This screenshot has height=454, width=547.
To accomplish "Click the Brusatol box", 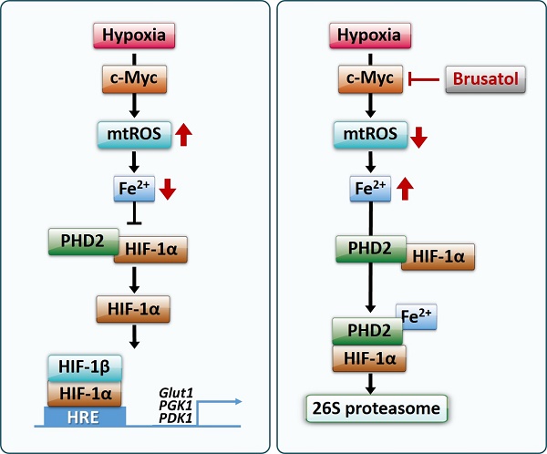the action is tap(485, 79).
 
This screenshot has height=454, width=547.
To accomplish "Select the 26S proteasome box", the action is tap(377, 408).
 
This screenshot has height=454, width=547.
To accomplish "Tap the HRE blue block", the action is tap(85, 417).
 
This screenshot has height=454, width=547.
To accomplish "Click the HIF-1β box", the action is tap(85, 367).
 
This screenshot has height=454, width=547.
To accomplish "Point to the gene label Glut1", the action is tap(176, 393).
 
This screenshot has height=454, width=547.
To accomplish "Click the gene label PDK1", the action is tap(175, 418).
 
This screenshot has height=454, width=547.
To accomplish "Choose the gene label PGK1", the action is tap(175, 406).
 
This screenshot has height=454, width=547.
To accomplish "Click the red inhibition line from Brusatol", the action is tap(424, 79).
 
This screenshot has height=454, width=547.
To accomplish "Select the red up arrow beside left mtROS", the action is tap(183, 135).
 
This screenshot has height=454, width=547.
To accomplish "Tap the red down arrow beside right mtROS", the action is tap(418, 138).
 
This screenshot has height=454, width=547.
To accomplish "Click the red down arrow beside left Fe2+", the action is tap(168, 190).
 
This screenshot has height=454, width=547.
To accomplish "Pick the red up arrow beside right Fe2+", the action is tap(406, 189).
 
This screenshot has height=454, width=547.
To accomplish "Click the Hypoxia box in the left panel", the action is tap(134, 36).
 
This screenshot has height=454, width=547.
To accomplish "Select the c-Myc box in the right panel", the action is tap(370, 79).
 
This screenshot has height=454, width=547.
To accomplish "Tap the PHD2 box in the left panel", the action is tap(83, 242).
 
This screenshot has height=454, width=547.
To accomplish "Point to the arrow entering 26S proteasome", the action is tap(370, 383).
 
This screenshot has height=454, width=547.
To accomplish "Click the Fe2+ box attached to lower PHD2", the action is tap(417, 316).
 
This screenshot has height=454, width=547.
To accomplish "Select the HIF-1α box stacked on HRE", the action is tap(85, 394).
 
